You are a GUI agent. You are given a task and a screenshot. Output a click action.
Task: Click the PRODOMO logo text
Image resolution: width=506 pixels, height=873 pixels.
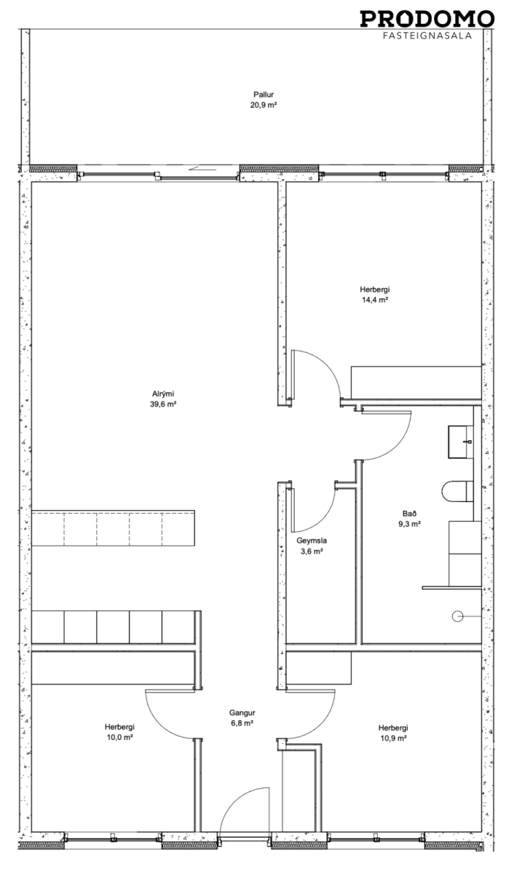427,19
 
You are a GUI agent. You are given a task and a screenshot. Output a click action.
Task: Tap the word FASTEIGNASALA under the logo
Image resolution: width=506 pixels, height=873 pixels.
427,36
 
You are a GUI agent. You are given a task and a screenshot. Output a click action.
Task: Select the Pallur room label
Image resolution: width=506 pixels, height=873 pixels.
264,95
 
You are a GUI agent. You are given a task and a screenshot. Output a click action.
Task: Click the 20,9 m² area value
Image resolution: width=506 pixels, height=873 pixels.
264,105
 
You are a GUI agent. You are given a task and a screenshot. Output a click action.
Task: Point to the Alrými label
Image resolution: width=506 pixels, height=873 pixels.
163,394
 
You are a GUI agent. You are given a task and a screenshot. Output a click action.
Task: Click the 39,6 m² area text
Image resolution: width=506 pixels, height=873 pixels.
163,404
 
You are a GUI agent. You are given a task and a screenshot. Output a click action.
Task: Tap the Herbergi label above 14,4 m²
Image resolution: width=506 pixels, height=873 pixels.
374,290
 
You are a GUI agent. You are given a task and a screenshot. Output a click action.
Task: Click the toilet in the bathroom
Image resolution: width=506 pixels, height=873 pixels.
458,492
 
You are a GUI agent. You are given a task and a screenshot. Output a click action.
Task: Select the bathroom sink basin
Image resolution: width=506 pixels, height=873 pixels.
460,442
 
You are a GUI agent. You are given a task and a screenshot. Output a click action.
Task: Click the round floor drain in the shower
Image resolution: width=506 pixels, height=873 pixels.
457,617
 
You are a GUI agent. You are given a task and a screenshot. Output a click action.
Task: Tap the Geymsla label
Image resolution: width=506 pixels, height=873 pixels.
312,541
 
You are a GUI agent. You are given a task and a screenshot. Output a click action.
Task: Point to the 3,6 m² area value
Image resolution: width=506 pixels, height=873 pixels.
312,551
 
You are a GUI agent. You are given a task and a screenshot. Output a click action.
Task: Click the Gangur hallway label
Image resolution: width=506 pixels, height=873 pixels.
242,713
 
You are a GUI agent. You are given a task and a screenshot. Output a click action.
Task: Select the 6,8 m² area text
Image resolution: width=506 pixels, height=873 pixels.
242,723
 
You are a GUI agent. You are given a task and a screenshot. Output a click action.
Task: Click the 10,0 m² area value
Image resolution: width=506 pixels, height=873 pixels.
120,738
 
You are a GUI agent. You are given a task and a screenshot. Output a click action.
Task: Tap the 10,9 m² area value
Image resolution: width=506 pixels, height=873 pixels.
394,738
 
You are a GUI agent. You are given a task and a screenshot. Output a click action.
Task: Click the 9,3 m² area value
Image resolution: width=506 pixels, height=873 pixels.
409,525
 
